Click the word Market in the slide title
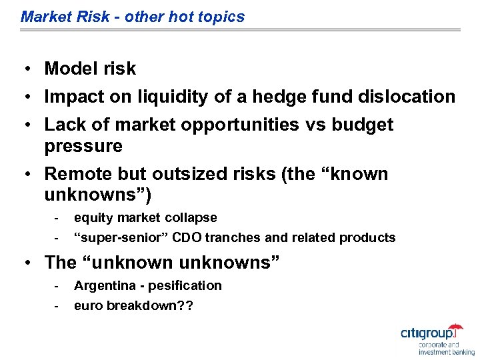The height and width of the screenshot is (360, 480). [44, 17]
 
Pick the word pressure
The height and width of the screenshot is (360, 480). [83, 147]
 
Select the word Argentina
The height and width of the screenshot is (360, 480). [103, 286]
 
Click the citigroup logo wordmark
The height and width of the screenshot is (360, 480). [430, 333]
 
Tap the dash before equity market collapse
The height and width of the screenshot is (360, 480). [57, 218]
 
